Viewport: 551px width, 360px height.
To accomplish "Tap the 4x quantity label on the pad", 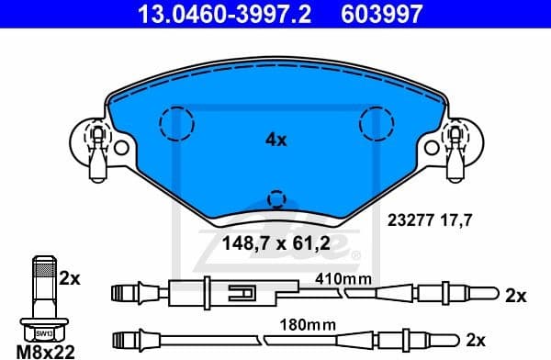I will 275,141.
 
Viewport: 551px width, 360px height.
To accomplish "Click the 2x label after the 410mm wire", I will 516,296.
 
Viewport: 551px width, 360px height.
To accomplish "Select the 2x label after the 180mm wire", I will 475,340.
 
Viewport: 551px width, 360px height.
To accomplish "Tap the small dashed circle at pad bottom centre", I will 275,198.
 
